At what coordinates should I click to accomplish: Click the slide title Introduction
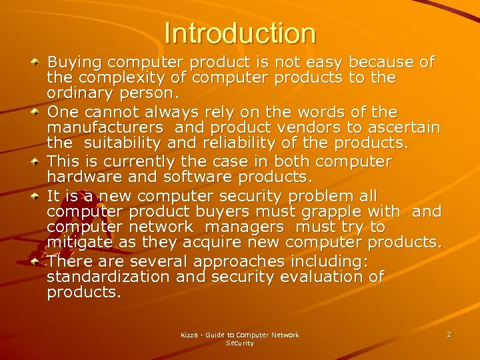tap(239, 33)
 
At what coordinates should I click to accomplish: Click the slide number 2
tap(449, 334)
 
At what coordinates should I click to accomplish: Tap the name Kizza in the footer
tap(192, 335)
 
